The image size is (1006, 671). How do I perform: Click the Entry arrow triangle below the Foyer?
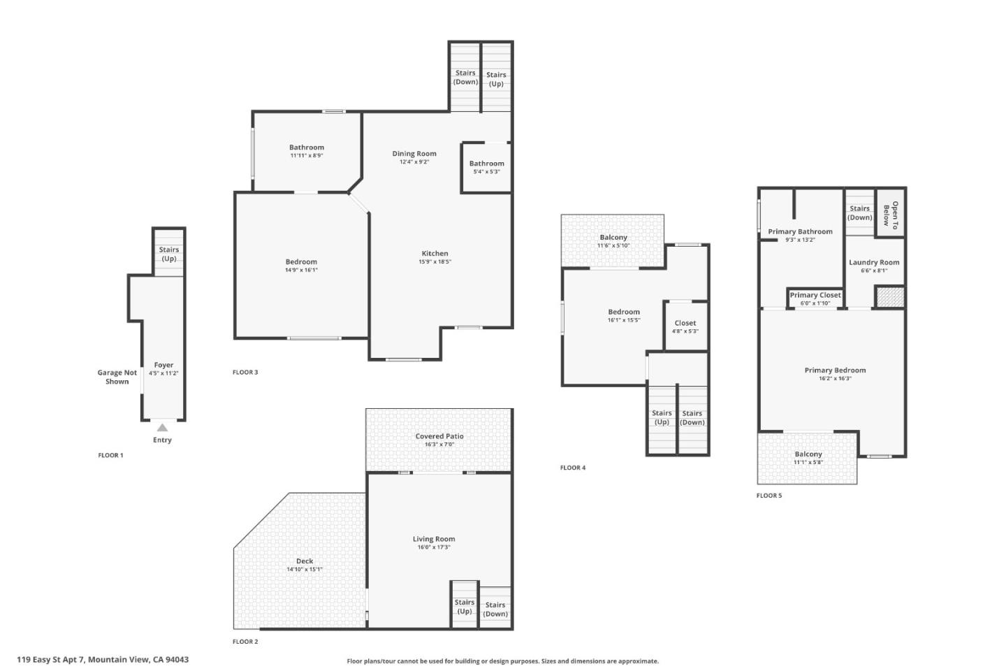[x=162, y=428]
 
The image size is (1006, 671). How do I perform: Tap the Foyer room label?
[x=163, y=365]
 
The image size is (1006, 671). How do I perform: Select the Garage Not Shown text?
[x=117, y=377]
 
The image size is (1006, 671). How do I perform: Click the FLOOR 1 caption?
[x=110, y=455]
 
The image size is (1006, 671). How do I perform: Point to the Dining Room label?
[x=414, y=154]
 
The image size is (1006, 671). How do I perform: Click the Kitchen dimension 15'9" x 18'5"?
[x=435, y=262]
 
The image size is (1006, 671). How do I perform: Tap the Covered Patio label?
[x=439, y=436]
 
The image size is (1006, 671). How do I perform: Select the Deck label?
[x=305, y=561]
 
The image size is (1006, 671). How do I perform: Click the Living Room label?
[x=434, y=539]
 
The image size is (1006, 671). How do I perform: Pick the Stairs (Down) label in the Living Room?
[x=495, y=609]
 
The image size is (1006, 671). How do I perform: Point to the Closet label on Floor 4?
[x=685, y=323]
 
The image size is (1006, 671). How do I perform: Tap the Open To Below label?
[x=891, y=214]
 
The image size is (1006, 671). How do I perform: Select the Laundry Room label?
[x=874, y=263]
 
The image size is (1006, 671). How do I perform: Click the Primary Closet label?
[x=815, y=295]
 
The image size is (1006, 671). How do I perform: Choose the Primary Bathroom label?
[x=800, y=231]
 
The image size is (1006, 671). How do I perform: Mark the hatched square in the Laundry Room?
[x=890, y=296]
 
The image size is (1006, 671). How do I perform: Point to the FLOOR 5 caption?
[x=769, y=496]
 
